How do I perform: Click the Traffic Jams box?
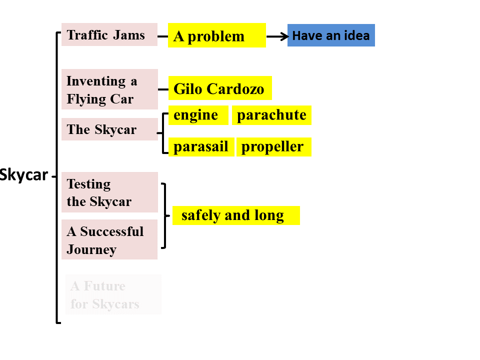[109, 34]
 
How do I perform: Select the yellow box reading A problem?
[216, 35]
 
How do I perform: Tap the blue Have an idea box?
[331, 35]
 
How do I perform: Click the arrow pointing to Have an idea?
[277, 36]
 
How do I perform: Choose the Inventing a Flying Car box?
[109, 89]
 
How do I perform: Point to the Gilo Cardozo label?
[220, 88]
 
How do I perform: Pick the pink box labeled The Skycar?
[109, 129]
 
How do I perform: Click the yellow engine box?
[198, 115]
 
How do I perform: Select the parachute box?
[271, 115]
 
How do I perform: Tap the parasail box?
[201, 147]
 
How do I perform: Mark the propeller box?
[273, 147]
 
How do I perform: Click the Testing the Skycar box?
[109, 192]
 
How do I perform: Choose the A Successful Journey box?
[109, 240]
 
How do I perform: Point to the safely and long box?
[235, 215]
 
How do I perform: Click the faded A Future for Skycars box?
[113, 294]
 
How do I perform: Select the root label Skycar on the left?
[24, 175]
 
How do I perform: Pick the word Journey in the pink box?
[91, 249]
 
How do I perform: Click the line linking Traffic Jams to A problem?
[162, 36]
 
